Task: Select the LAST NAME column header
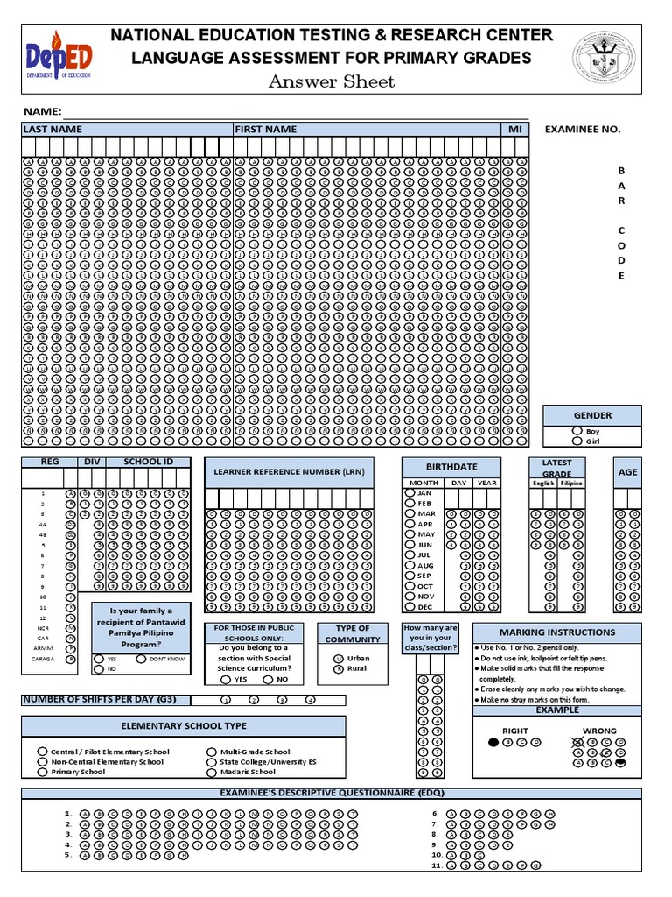click(52, 129)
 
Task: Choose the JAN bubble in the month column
click(409, 493)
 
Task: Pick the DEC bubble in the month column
click(409, 606)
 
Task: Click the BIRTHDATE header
click(451, 467)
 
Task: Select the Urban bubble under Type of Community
click(338, 658)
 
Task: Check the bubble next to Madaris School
click(211, 772)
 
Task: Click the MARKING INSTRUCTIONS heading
click(556, 632)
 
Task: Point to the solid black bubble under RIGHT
click(493, 742)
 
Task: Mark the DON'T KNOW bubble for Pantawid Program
click(141, 658)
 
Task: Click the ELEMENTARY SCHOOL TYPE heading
click(183, 725)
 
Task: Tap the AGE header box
click(627, 471)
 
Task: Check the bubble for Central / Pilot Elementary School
click(41, 752)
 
